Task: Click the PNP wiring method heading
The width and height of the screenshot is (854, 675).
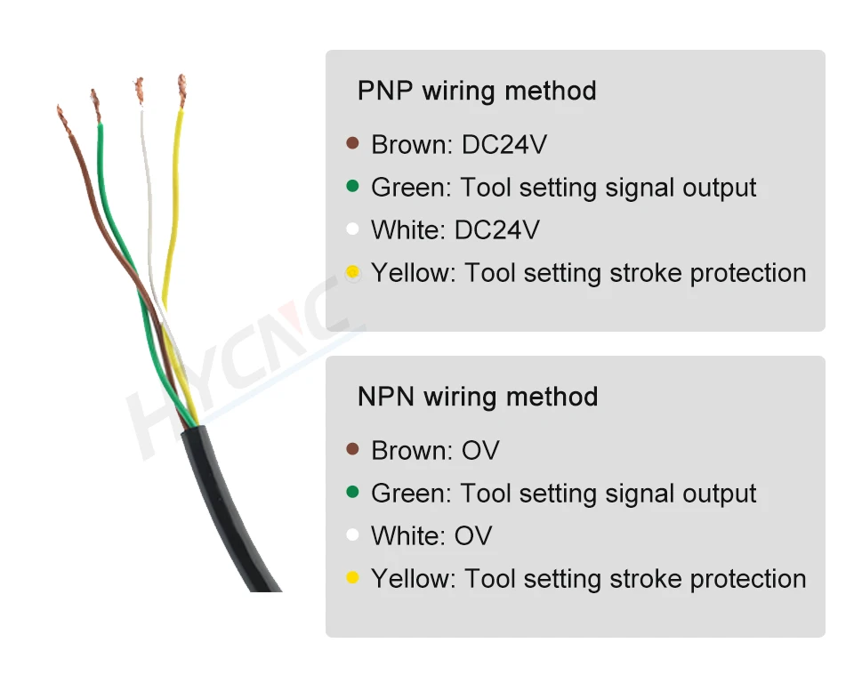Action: (477, 92)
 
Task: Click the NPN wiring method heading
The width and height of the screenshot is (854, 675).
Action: (478, 397)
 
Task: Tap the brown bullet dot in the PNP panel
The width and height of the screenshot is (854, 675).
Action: (353, 143)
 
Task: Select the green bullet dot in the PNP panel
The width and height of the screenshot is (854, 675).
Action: (353, 186)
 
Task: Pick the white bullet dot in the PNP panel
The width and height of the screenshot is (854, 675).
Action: (353, 229)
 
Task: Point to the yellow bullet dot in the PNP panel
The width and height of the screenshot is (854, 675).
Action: (353, 271)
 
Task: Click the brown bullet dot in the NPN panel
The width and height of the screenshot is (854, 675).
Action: (353, 449)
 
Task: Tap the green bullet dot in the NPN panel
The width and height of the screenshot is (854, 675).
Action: (353, 492)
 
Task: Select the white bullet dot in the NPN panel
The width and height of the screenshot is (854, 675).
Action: (353, 535)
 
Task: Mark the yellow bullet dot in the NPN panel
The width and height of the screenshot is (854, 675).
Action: (353, 578)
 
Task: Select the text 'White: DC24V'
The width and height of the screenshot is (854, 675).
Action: (455, 230)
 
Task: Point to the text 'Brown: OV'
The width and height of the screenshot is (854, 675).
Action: (435, 451)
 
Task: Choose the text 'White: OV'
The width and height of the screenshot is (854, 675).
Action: (431, 536)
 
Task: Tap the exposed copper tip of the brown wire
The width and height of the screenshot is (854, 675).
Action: (64, 119)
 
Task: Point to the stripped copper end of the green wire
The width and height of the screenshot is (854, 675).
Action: (95, 104)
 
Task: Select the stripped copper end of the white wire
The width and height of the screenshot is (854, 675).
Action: (138, 91)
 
